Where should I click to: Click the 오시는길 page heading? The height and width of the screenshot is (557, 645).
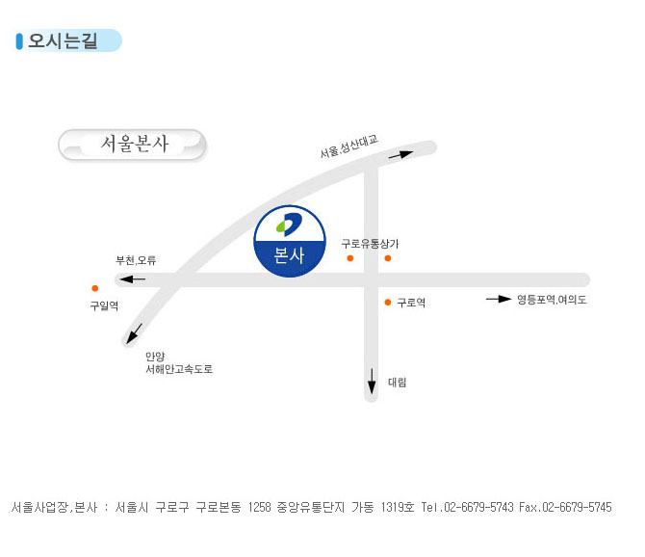tap(63, 40)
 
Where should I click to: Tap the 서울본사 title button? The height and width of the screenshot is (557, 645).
tap(132, 145)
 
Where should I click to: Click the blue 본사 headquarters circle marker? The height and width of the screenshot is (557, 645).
tap(290, 241)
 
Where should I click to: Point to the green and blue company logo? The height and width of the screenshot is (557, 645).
tap(289, 225)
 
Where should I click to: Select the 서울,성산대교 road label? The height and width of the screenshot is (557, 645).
tap(348, 146)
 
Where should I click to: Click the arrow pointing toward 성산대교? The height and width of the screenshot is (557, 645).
tap(401, 155)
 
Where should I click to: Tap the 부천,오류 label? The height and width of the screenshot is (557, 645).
tap(136, 260)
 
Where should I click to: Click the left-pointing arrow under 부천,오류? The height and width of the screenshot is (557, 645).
tap(132, 279)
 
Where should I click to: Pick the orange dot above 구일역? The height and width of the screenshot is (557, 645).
tap(95, 288)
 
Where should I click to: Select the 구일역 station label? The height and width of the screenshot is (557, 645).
tap(105, 305)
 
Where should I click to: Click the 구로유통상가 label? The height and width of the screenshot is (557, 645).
tap(370, 244)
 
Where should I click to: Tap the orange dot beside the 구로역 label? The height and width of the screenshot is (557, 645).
tap(388, 303)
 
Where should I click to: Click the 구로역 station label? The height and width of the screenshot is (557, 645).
tap(411, 303)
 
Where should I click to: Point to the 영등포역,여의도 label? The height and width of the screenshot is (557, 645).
tap(552, 300)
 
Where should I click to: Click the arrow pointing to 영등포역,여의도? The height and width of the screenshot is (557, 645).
tap(499, 299)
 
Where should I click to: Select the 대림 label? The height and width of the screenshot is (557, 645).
tap(398, 383)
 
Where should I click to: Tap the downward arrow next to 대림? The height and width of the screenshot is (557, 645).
tap(372, 382)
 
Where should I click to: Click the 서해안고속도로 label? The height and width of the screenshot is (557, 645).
tap(179, 369)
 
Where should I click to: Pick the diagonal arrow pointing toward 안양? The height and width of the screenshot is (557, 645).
tap(134, 333)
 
